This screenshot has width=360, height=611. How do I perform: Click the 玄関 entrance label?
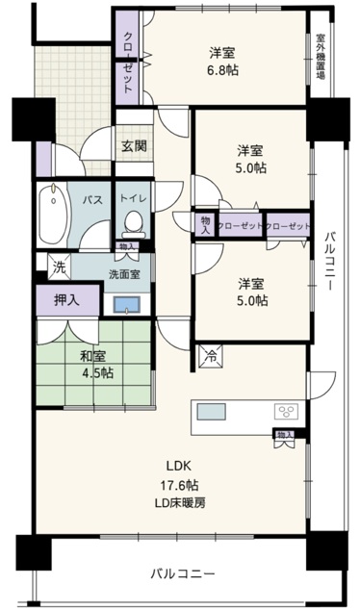click(134, 146)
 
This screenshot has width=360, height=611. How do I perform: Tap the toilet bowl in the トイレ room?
click(133, 224)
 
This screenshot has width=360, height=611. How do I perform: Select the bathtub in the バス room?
click(53, 215)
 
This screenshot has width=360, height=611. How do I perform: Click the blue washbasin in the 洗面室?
click(127, 304)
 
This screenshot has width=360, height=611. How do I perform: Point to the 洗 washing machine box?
click(60, 267)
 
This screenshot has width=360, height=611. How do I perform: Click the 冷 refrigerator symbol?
click(211, 356)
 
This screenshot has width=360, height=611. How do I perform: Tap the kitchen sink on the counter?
click(211, 412)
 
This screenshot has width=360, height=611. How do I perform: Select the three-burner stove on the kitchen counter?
click(287, 412)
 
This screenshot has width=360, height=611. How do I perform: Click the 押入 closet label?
click(67, 299)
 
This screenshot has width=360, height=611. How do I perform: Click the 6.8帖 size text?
click(222, 70)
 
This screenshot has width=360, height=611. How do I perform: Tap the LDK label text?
click(178, 466)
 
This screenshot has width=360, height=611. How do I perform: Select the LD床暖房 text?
click(180, 503)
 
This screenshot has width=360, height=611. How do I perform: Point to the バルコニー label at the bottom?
click(183, 573)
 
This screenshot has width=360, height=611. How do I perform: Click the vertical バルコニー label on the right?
click(331, 261)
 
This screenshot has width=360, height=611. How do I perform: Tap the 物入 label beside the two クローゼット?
click(205, 225)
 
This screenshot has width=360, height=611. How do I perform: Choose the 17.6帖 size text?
click(180, 485)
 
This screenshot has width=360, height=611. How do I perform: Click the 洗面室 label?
click(124, 274)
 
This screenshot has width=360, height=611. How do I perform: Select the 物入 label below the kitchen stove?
click(284, 434)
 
